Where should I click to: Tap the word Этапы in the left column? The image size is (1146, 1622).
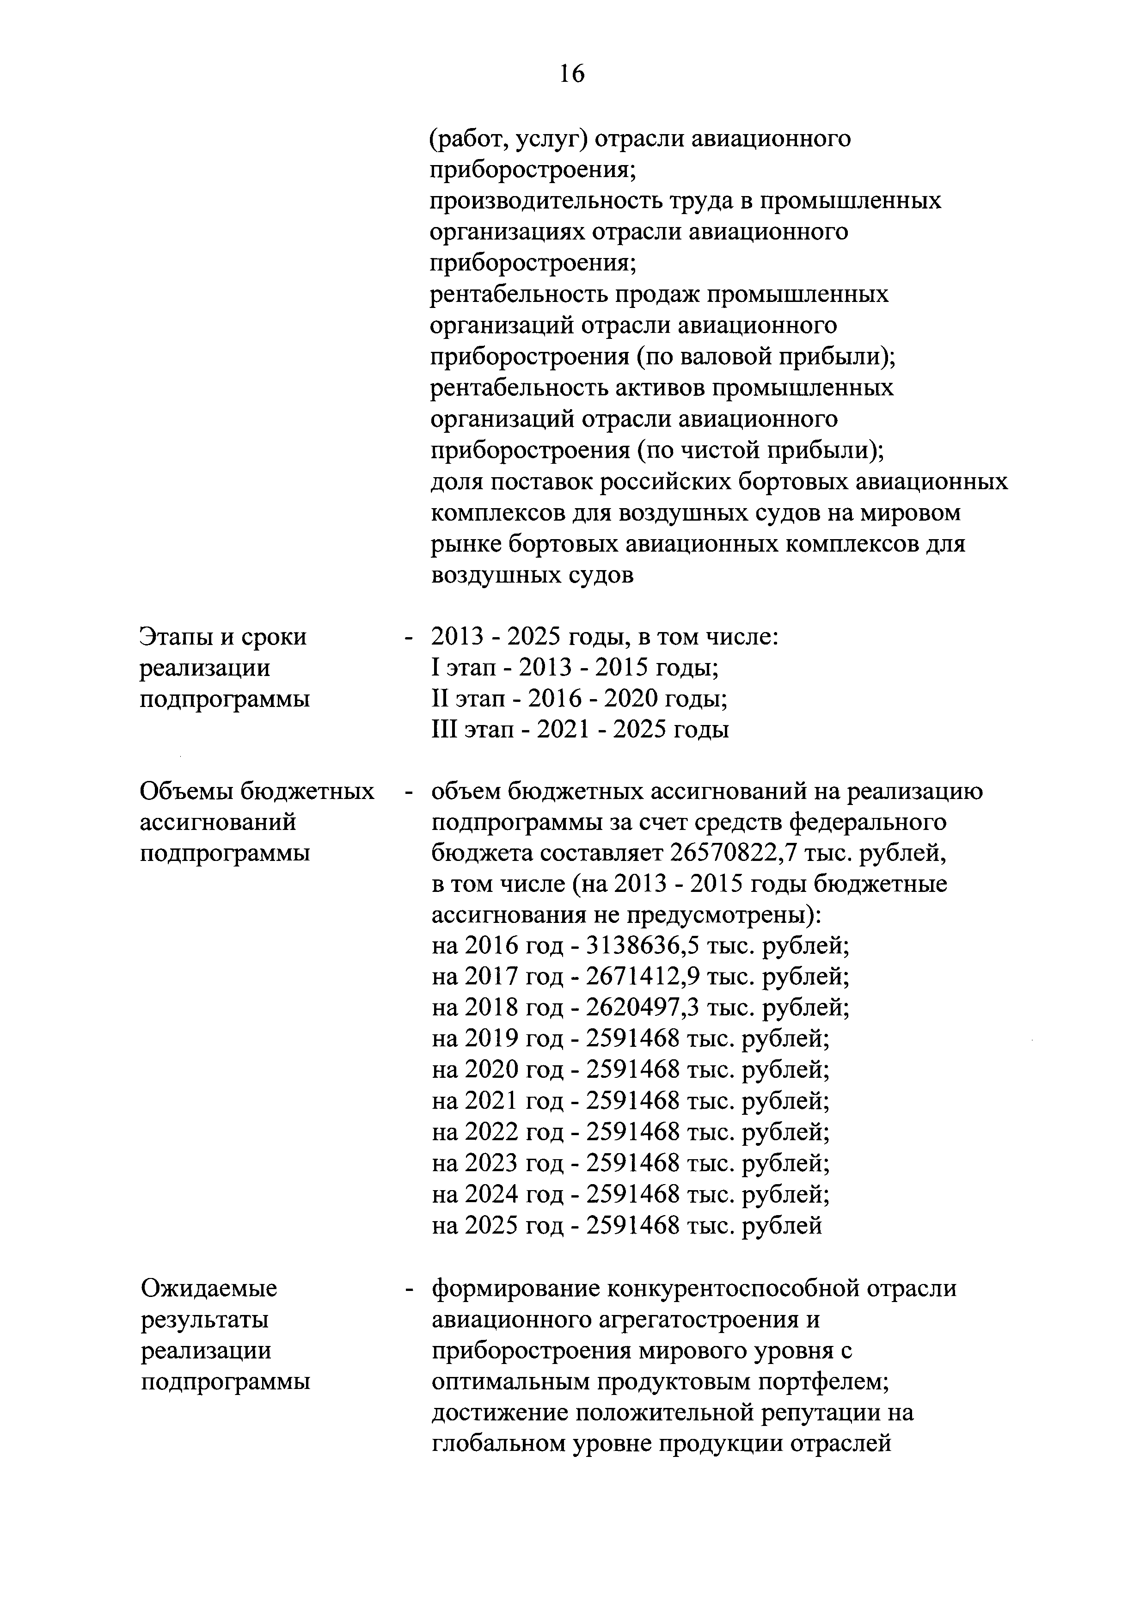tap(176, 637)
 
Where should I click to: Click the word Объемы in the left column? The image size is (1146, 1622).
tap(186, 792)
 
